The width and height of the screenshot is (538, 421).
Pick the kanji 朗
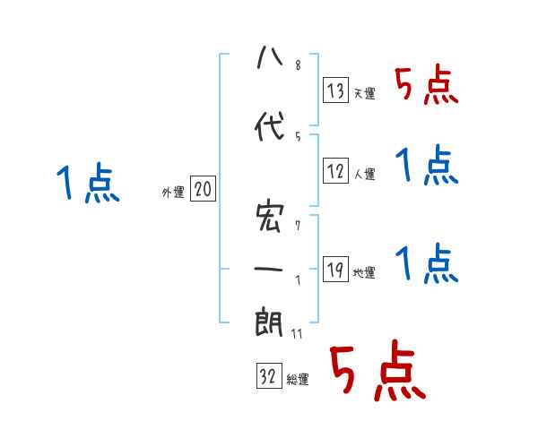tap(269, 322)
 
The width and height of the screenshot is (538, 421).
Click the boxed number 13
tap(336, 90)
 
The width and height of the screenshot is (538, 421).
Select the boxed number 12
tap(336, 171)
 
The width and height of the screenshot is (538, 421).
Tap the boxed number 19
tap(336, 270)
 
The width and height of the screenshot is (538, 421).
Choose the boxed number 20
tap(204, 189)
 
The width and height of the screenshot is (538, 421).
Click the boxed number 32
tap(267, 377)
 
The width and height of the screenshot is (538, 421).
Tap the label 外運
tap(173, 193)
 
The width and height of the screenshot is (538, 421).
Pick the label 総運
tap(297, 380)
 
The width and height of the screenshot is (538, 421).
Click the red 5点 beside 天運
tap(427, 85)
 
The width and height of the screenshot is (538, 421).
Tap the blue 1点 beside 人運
tap(427, 166)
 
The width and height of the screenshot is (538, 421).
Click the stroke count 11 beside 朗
tap(298, 333)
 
